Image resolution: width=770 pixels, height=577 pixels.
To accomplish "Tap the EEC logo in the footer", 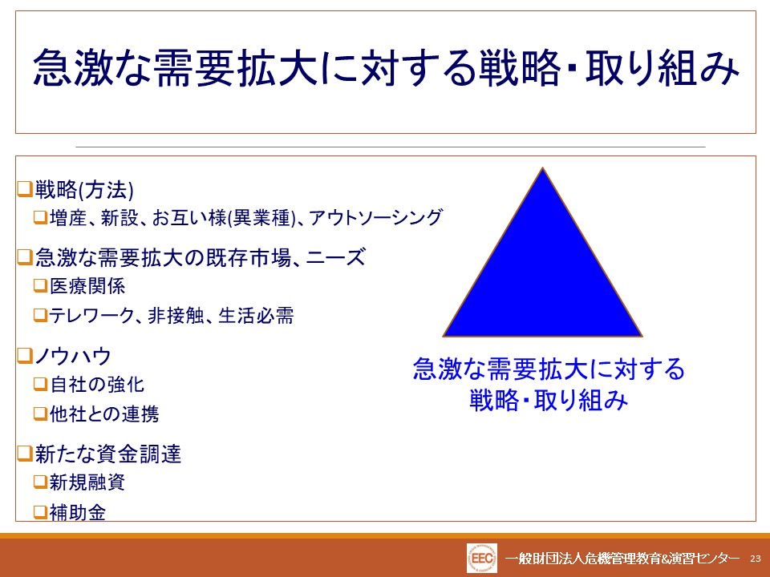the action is click(482, 559).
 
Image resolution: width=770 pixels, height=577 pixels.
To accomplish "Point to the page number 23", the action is click(756, 559).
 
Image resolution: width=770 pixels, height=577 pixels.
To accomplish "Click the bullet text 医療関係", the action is click(87, 286).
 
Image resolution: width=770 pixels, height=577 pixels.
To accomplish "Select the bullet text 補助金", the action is click(78, 513).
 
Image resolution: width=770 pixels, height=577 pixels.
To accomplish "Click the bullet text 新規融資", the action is click(87, 482).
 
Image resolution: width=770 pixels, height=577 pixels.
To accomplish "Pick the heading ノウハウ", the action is click(73, 356).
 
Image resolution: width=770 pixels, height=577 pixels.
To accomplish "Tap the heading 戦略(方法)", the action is click(84, 190).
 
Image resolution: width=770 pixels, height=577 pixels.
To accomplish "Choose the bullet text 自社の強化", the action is click(97, 384).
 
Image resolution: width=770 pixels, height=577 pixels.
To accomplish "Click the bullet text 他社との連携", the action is click(104, 414).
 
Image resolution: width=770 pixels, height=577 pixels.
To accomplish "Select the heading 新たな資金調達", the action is click(108, 454).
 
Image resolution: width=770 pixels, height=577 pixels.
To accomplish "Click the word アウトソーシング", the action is click(375, 217).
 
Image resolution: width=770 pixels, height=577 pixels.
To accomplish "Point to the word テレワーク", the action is click(91, 316).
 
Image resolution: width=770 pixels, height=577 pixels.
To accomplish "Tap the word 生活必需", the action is click(256, 316).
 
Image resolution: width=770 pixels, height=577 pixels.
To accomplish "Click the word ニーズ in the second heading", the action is click(336, 257).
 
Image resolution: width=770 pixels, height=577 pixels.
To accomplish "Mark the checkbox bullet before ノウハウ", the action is click(25, 356).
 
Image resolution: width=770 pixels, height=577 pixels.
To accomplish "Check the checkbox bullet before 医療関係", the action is click(40, 285).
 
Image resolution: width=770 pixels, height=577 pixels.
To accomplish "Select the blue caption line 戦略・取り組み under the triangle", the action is click(549, 400).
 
